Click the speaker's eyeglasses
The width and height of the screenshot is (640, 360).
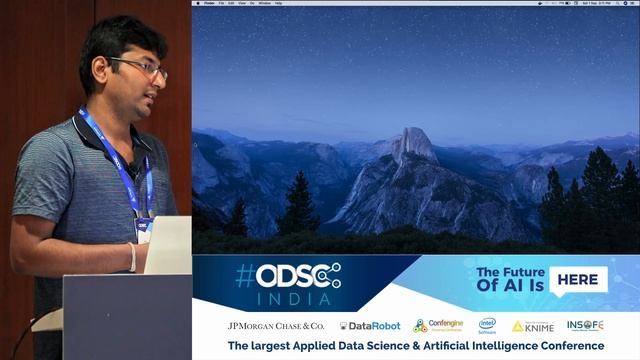click(x=140, y=67)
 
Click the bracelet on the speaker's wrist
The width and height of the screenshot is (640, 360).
click(x=132, y=257)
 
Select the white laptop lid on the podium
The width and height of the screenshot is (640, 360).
click(x=168, y=245)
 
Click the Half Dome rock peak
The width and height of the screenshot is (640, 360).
click(x=413, y=146)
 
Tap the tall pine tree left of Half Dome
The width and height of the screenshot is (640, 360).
click(x=298, y=204)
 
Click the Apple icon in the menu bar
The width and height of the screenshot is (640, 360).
click(x=197, y=3)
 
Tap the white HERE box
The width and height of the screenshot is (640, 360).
click(x=578, y=280)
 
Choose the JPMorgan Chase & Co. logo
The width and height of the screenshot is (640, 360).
click(x=276, y=326)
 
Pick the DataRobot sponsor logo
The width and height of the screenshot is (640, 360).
click(x=370, y=326)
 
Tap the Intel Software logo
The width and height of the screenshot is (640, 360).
click(x=487, y=326)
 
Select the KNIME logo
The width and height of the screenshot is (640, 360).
click(x=532, y=326)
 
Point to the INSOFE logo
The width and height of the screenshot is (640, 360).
click(x=585, y=325)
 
